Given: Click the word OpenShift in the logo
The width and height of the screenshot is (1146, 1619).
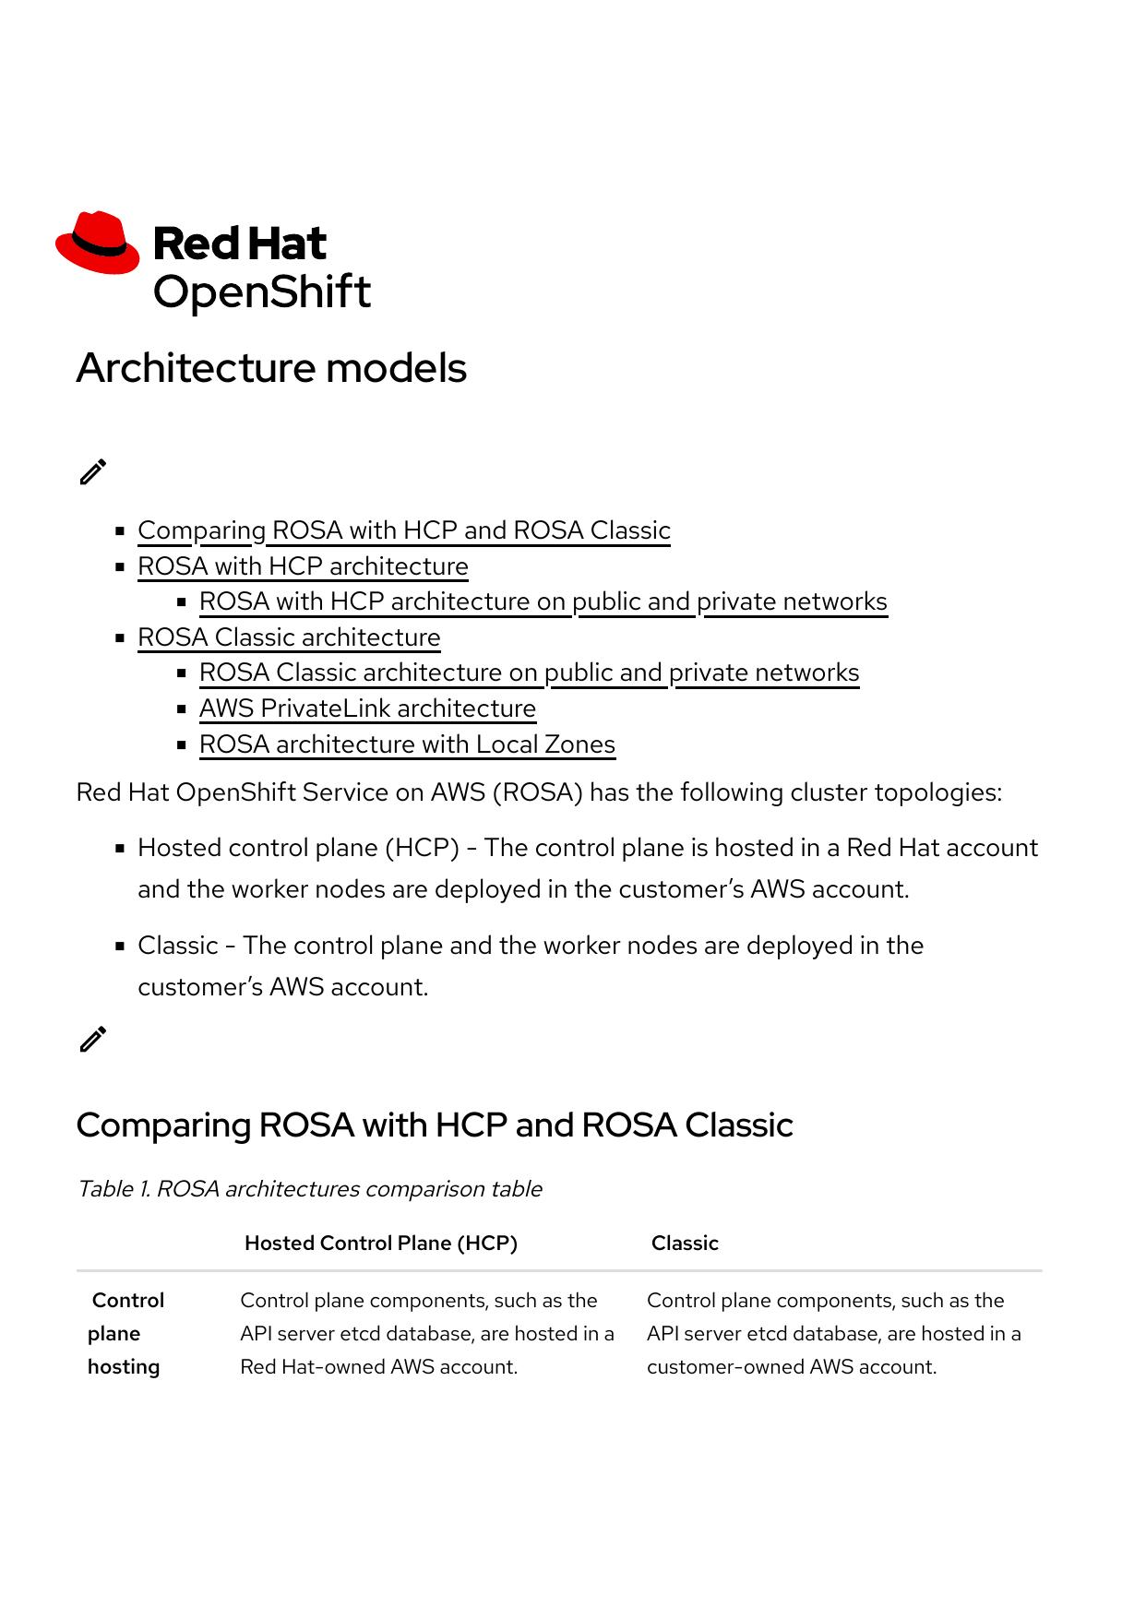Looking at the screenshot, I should (261, 292).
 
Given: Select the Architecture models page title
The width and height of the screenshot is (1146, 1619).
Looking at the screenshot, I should (271, 368).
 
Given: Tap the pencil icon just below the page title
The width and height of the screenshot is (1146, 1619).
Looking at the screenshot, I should (93, 471).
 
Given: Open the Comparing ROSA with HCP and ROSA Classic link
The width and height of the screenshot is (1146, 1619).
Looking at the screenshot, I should (403, 530).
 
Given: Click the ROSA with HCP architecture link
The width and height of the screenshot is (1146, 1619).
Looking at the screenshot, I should (303, 566).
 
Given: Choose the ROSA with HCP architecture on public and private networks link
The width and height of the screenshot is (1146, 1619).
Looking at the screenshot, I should (543, 601).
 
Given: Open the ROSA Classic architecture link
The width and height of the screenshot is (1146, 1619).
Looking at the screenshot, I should (289, 637).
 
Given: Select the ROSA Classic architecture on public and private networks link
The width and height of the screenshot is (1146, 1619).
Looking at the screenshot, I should (529, 673).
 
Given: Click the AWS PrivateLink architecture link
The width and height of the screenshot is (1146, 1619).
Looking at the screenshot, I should (367, 708).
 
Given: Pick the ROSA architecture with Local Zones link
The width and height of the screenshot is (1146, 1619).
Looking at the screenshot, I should (407, 744).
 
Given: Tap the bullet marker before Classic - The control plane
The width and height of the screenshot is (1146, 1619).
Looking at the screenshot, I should (120, 946).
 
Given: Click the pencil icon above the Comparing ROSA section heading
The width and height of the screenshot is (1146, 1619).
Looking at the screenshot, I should (93, 1039).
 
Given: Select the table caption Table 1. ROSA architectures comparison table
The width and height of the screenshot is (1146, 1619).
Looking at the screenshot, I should (309, 1189).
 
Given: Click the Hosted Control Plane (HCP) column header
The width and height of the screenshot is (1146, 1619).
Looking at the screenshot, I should (380, 1244).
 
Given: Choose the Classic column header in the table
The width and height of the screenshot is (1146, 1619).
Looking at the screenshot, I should (685, 1244).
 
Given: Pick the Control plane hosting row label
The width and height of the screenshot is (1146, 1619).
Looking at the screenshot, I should (125, 1333).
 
